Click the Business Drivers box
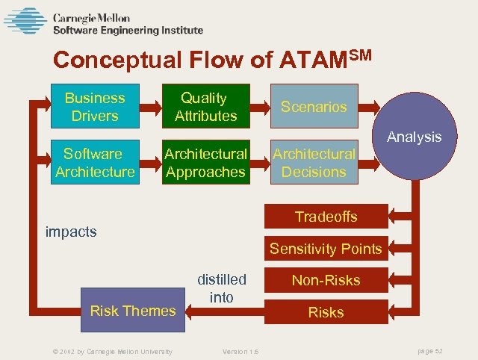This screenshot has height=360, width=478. (x=94, y=107)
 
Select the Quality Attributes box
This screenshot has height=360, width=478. (x=205, y=107)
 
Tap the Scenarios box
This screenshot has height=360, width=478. (x=314, y=107)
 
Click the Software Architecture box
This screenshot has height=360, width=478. (x=94, y=163)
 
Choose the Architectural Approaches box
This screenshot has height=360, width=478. (x=205, y=163)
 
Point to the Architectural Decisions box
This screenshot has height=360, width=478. (x=314, y=163)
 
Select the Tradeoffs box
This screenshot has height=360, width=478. (x=326, y=217)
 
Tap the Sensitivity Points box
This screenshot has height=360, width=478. (x=326, y=249)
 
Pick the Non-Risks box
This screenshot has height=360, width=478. (x=326, y=281)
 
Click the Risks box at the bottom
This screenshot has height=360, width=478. (x=326, y=312)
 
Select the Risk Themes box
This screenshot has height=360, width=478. (x=132, y=311)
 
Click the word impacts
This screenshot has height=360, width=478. (x=72, y=232)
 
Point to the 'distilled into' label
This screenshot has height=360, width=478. (x=221, y=288)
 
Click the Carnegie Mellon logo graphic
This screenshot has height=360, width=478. (x=25, y=21)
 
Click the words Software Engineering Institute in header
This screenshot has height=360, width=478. (x=128, y=31)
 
